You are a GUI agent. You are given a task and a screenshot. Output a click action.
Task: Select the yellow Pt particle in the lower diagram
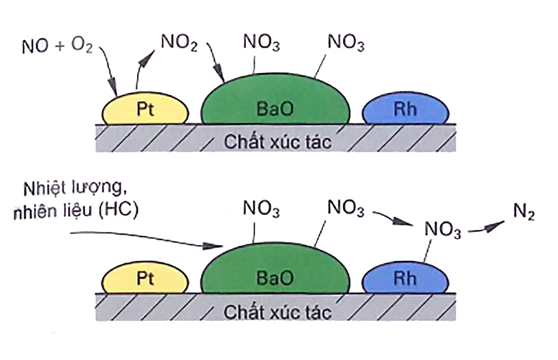pos(145,278)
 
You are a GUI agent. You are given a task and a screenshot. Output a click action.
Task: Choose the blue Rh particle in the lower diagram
pos(400,279)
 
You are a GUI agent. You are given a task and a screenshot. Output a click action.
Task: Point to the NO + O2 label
pos(59,47)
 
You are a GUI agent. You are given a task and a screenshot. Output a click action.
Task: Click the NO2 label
pos(180,43)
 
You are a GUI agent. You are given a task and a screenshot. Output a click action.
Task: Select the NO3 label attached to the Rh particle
pos(441,231)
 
